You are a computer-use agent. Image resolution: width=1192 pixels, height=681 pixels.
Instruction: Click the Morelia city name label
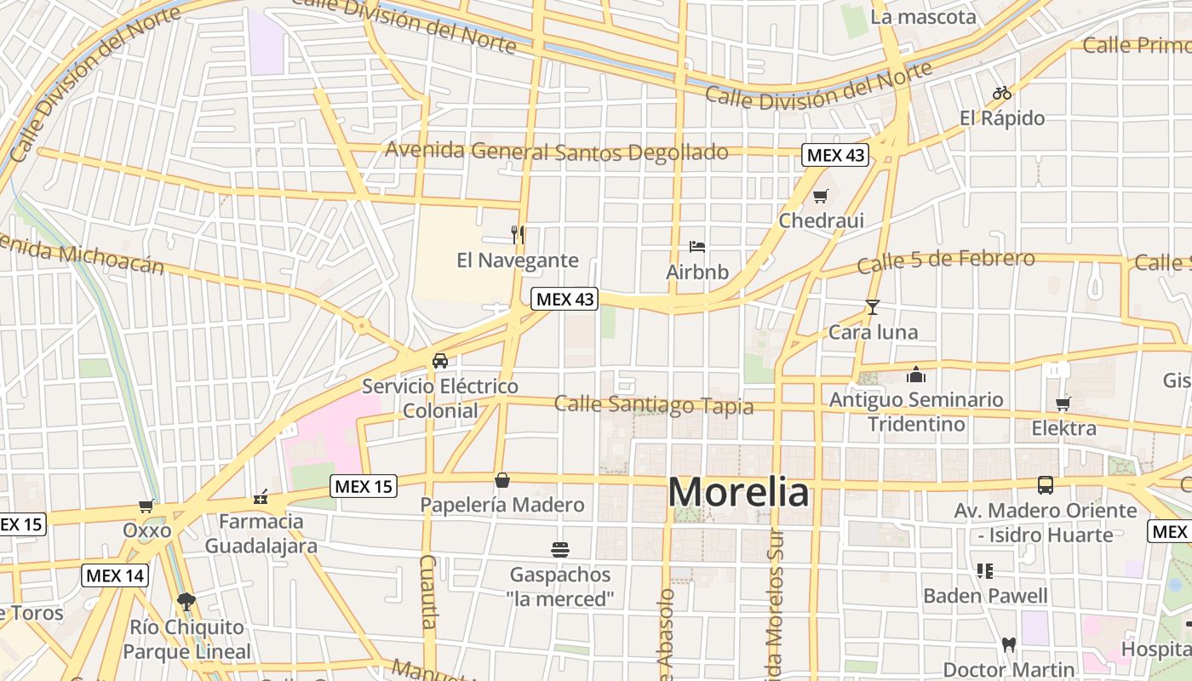click(738, 492)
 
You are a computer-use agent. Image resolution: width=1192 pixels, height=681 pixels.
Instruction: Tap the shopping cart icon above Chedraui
click(820, 197)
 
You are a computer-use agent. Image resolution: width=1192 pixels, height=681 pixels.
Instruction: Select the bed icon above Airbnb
click(697, 247)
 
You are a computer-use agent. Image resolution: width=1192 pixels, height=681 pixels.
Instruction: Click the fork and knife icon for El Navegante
click(518, 234)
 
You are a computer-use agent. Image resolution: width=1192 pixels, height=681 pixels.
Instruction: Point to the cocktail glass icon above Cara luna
click(872, 307)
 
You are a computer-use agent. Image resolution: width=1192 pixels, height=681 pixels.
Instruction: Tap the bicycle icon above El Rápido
click(1002, 93)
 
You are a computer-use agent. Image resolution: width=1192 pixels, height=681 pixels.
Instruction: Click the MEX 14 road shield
click(115, 575)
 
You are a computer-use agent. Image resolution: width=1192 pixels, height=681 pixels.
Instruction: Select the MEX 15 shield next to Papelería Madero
click(364, 486)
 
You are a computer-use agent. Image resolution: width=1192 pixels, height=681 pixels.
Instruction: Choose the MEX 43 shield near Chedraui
click(835, 155)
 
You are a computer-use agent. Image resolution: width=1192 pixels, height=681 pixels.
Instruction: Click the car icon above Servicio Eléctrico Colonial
click(439, 360)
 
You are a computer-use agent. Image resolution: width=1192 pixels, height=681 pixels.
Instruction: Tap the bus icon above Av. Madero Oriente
click(1045, 485)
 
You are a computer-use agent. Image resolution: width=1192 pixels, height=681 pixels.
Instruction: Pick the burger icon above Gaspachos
click(560, 549)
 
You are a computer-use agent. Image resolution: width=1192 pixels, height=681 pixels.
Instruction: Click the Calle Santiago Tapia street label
click(654, 404)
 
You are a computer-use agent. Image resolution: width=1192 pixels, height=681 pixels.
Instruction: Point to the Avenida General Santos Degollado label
click(557, 152)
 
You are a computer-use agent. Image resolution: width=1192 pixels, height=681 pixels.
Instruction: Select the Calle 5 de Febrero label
click(946, 260)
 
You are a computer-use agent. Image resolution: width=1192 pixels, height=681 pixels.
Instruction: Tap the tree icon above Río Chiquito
click(186, 602)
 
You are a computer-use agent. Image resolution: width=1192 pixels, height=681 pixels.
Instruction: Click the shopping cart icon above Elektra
click(1063, 403)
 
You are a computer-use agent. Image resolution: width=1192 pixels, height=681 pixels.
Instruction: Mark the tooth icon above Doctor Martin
click(1009, 644)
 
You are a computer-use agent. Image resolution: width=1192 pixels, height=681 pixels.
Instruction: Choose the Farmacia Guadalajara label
click(261, 533)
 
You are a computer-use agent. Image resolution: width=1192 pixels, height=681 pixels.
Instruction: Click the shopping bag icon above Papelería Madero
click(502, 480)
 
